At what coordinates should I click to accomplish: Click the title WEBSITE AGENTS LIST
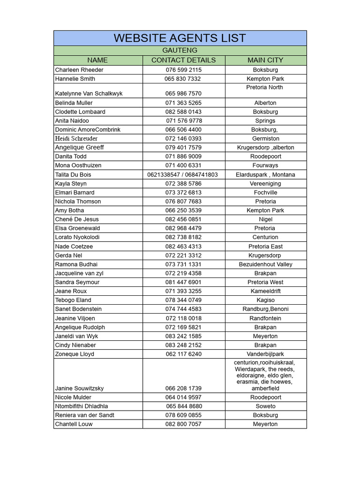point(180,38)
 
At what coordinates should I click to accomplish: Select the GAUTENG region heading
point(180,50)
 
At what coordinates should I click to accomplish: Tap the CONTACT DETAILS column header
point(183,60)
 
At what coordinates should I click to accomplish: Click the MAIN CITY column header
point(265,60)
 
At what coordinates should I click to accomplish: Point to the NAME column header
point(97,60)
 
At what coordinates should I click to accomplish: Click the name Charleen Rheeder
point(79,70)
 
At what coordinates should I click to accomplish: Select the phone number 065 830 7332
point(183,79)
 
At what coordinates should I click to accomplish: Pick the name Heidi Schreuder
point(76,139)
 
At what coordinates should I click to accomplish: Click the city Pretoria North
point(264,87)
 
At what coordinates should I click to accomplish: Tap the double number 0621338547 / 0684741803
point(183,175)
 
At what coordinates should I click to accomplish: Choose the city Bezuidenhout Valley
point(265,264)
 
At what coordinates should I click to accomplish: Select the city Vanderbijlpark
point(265,354)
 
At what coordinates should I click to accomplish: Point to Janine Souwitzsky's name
point(79,389)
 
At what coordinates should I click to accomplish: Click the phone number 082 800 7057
point(183,424)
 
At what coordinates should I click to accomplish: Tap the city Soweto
point(265,406)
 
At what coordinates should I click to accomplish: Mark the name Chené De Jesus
point(77,219)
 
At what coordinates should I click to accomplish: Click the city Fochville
point(265,193)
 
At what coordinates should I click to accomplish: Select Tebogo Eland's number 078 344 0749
point(183,300)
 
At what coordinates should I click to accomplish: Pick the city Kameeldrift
point(265,291)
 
